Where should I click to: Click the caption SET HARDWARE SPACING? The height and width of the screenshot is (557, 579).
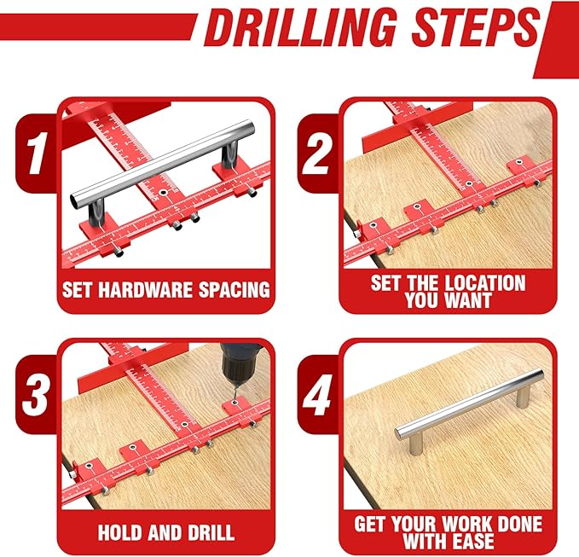(165, 288)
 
